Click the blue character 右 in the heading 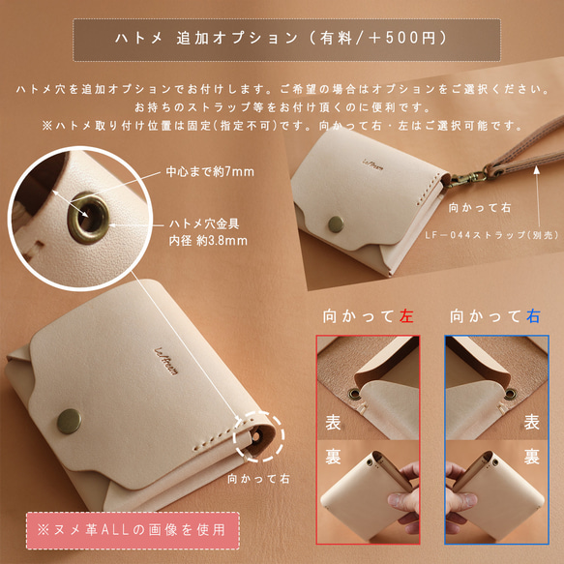532,315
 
